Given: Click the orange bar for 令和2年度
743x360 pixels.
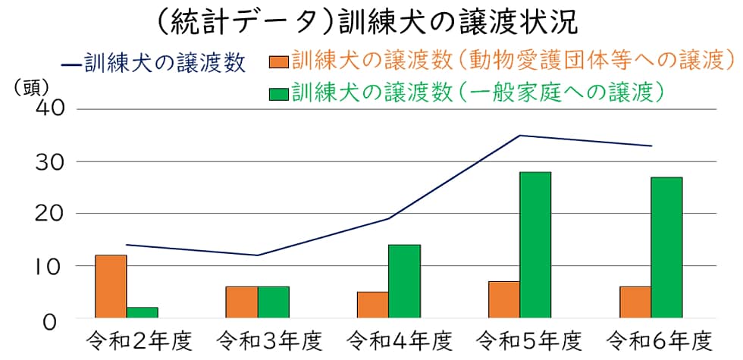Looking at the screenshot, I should [111, 286].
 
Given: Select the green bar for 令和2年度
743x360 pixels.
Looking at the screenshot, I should [143, 312].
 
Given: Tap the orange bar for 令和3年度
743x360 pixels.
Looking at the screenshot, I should [242, 302].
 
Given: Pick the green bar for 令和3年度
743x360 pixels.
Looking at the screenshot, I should [273, 302].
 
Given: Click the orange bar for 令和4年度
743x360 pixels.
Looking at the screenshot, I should [373, 305].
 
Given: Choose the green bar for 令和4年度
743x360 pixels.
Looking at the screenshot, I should [404, 281].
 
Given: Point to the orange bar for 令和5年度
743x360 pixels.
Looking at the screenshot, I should [504, 299].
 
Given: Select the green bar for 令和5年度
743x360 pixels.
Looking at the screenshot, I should [535, 245].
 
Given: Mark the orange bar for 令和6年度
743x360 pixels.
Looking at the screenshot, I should [635, 302].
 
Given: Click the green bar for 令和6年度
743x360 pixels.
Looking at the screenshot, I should [666, 247].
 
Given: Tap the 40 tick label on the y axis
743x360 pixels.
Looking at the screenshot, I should [52, 108].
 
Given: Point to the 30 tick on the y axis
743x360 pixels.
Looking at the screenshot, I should [52, 161].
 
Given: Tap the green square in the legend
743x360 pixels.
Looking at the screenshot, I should [279, 92].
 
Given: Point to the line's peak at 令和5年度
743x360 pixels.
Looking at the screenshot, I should [520, 136].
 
